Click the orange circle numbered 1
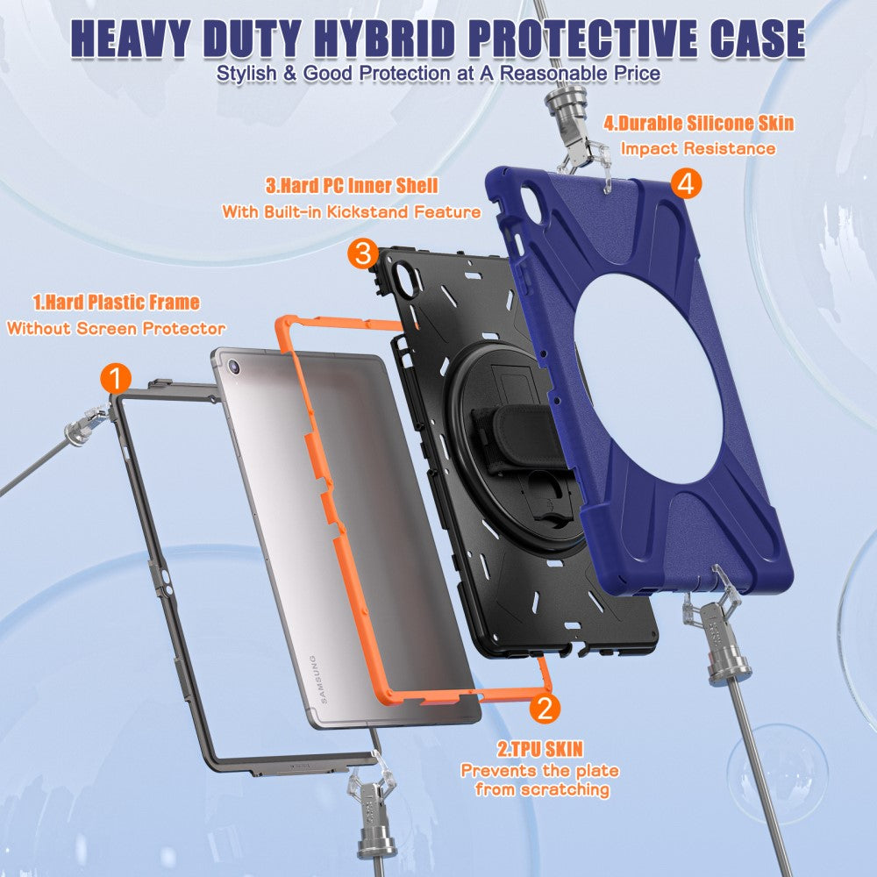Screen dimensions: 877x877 [x=116, y=379]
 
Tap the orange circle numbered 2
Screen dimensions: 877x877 [x=545, y=707]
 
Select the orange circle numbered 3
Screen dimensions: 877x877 [x=363, y=253]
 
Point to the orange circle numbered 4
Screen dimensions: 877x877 [x=686, y=183]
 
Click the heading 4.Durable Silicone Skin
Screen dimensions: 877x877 [x=699, y=123]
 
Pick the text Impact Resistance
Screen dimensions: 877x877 [x=698, y=148]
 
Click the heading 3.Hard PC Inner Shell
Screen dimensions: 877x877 [x=352, y=185]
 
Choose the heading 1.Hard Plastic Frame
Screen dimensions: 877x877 [x=117, y=302]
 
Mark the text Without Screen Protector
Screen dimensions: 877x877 [x=116, y=328]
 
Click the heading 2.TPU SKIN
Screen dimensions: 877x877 [x=540, y=749]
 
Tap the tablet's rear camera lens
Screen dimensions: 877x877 [x=234, y=367]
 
